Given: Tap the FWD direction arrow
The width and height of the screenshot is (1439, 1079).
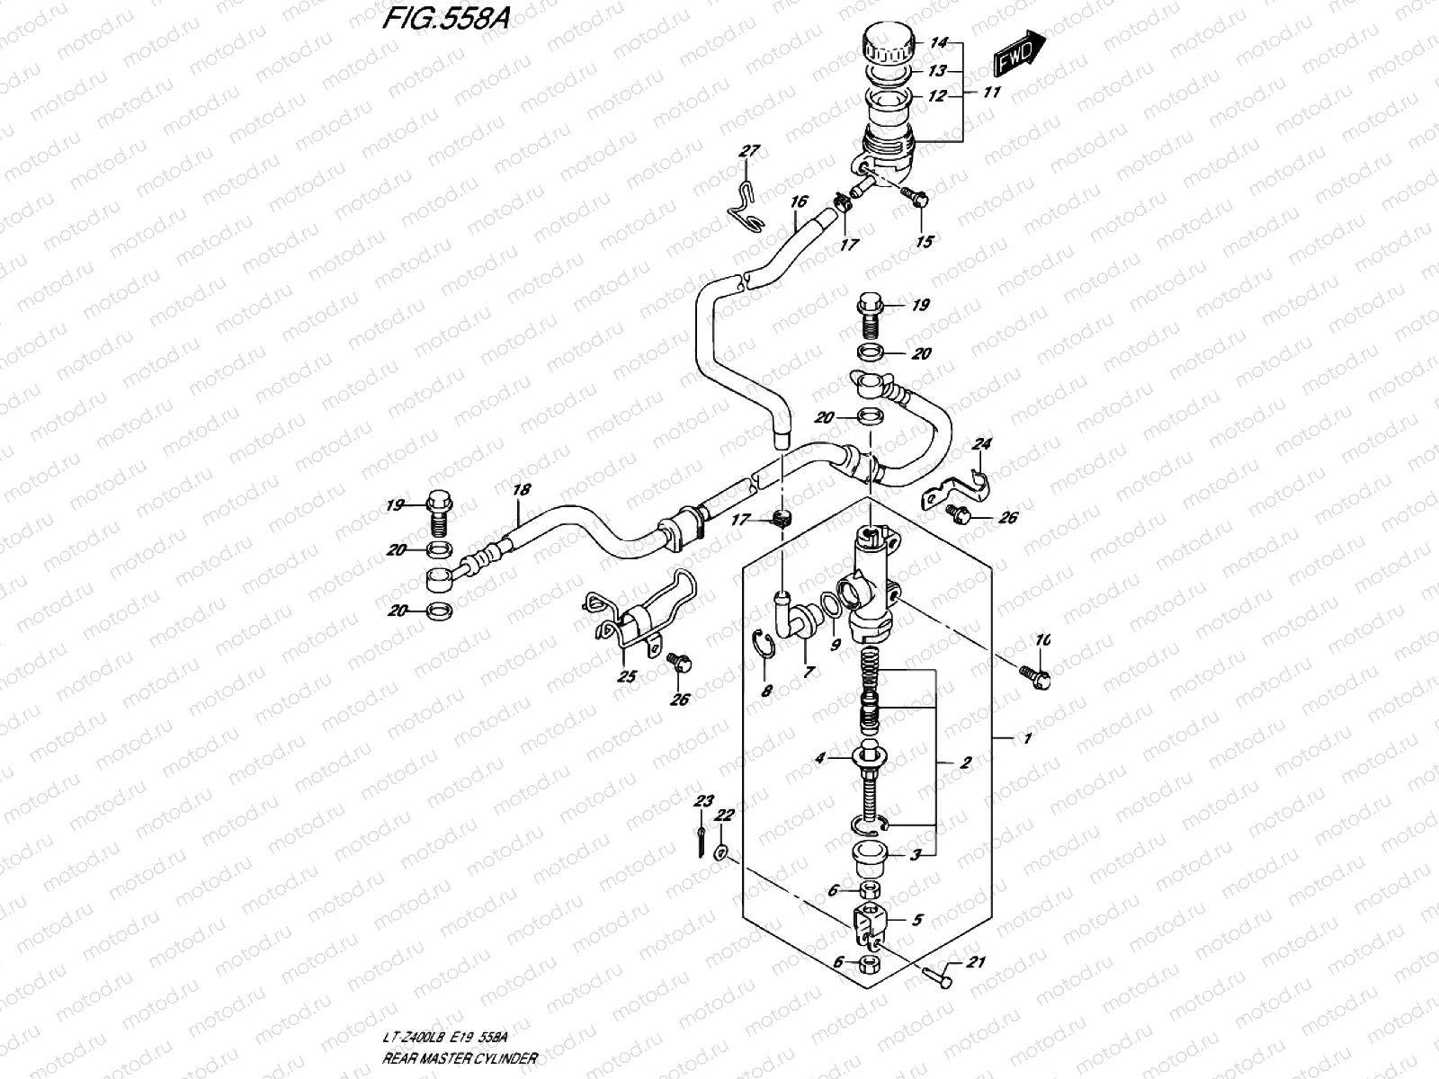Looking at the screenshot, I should [x=1021, y=53].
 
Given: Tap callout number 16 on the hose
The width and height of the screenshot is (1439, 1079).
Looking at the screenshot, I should [x=800, y=202].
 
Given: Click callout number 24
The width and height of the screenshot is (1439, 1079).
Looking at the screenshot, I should [x=982, y=444].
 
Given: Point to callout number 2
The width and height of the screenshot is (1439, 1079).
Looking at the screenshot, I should [x=966, y=763].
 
